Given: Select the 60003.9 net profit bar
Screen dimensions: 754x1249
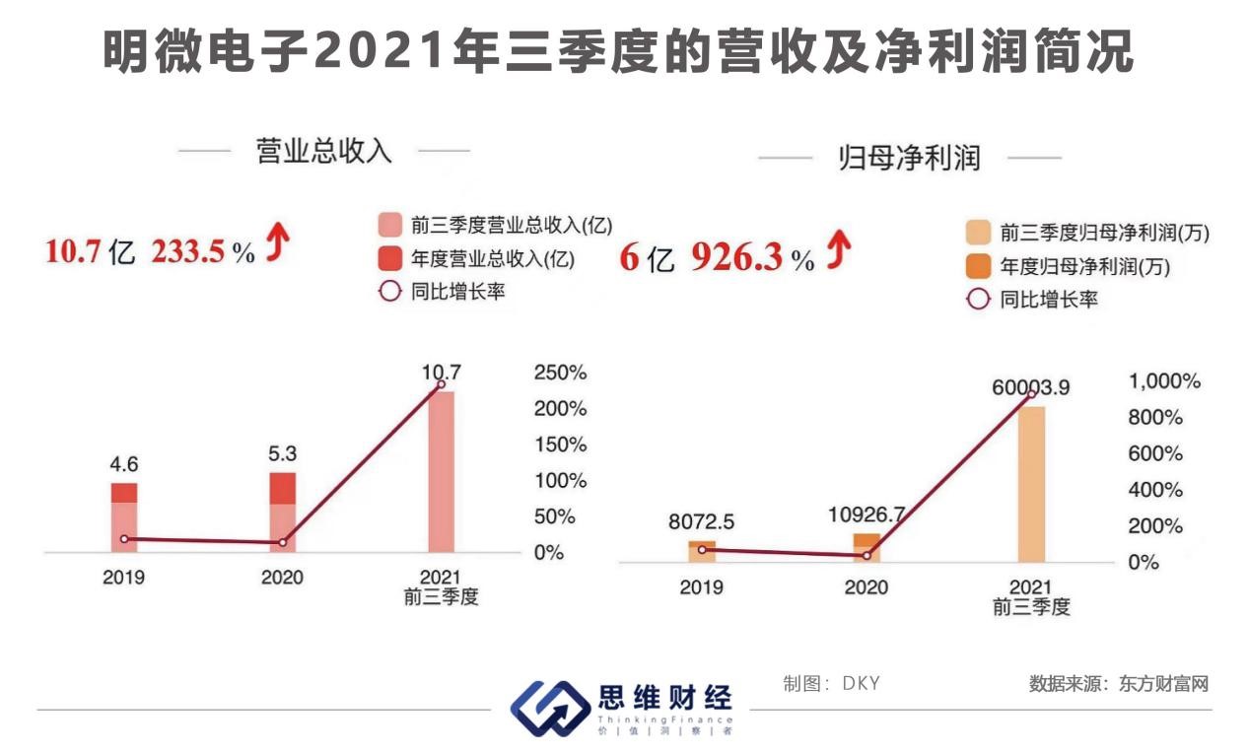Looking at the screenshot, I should tap(1032, 483).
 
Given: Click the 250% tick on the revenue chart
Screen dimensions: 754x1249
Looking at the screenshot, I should tap(560, 373).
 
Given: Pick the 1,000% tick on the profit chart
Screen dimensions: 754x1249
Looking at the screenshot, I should tap(1163, 381).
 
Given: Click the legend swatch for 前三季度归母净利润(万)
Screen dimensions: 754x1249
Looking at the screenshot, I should tap(978, 234).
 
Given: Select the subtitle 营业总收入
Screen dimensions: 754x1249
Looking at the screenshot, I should tap(323, 152).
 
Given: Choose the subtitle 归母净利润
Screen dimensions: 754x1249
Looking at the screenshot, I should tap(908, 158).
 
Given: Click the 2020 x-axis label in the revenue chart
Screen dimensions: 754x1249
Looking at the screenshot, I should tap(282, 577).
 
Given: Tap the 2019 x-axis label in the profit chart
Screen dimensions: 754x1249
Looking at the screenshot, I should tap(701, 587).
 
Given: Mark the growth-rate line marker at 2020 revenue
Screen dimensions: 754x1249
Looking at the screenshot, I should tap(282, 542).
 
